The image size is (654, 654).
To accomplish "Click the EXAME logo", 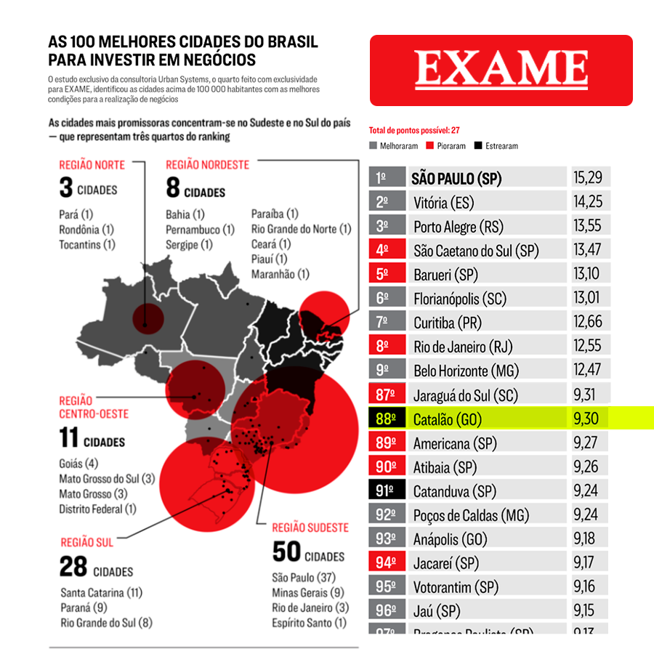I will coord(501,70).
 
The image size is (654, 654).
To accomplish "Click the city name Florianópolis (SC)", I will coord(460,298).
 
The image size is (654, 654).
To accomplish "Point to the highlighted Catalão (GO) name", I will coord(448,419).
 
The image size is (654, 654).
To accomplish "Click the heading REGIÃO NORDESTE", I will coord(207,165).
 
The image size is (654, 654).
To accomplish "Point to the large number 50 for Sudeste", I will coord(287,552).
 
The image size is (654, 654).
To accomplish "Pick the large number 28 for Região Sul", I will coord(73,566).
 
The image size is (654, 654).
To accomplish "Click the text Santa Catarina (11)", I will coord(101,592).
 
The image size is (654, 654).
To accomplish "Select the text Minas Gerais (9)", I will coord(308,592).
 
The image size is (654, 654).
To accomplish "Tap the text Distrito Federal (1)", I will coord(97,509).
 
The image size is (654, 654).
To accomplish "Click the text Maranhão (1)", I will coord(280,274).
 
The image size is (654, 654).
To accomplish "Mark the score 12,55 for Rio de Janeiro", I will coord(587,346).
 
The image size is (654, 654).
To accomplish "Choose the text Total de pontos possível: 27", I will coord(414,131).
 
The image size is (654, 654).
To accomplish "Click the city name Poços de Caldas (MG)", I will coord(471,515).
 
